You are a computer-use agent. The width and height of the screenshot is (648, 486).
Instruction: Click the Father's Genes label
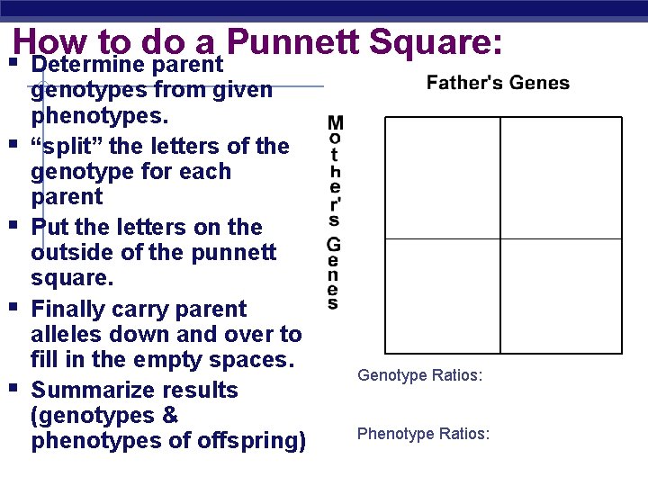tap(498, 83)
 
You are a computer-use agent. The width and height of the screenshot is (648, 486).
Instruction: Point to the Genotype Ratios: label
tap(420, 374)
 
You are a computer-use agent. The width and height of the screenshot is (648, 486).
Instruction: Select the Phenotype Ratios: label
tap(423, 434)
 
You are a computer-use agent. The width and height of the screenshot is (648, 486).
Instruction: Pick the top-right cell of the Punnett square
tap(561, 178)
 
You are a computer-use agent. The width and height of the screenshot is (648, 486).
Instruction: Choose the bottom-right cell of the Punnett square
tap(561, 295)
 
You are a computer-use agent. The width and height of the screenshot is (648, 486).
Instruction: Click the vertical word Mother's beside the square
tap(334, 170)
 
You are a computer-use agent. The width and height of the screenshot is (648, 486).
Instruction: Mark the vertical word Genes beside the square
tap(334, 274)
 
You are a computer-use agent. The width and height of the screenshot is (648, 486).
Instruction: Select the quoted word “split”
tap(64, 146)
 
